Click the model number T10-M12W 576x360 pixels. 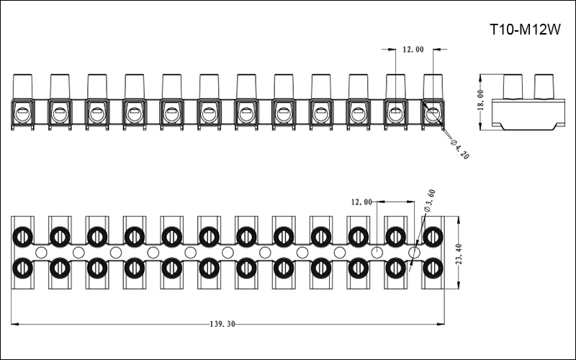coord(526,30)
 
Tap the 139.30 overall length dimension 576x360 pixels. coord(222,324)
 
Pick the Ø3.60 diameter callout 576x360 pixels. coord(430,201)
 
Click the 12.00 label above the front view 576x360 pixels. coord(413,50)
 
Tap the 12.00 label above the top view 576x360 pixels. coord(361,202)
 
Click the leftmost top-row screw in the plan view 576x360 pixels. coord(22,237)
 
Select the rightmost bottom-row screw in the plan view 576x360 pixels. coord(433,269)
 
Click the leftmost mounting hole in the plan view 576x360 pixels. coord(41,253)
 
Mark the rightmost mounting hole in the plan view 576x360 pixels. coord(415,253)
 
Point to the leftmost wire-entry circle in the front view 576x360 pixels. coord(22,114)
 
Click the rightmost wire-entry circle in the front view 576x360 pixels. coord(433,114)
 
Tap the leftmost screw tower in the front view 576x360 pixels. coord(22,86)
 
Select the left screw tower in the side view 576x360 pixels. coord(513,86)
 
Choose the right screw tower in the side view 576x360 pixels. coord(544,86)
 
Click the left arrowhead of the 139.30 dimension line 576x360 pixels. coord(14,324)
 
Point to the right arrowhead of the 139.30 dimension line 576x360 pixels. coord(441,324)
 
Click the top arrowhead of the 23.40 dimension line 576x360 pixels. coord(459,220)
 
